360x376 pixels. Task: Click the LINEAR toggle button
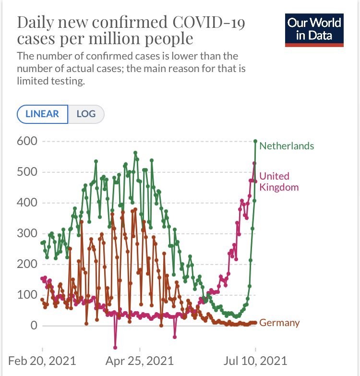pos(42,114)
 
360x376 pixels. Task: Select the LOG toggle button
pos(86,114)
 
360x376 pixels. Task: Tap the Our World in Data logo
pos(314,29)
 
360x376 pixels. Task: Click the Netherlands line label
pos(287,146)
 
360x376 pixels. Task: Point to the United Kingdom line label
pos(279,182)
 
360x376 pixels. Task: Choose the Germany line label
pos(279,323)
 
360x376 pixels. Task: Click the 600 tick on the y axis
pos(27,141)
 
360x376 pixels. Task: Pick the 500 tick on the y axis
pos(27,172)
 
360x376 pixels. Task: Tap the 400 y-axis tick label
pos(27,203)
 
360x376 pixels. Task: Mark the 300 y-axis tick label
pos(27,233)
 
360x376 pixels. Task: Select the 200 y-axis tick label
pos(27,264)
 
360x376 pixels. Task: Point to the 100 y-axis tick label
pos(27,295)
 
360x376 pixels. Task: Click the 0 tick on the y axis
pos(34,326)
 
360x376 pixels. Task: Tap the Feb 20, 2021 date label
pos(42,361)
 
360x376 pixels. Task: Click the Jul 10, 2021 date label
pos(255,361)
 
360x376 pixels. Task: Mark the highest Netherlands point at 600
pos(255,141)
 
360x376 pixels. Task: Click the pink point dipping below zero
pos(115,347)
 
